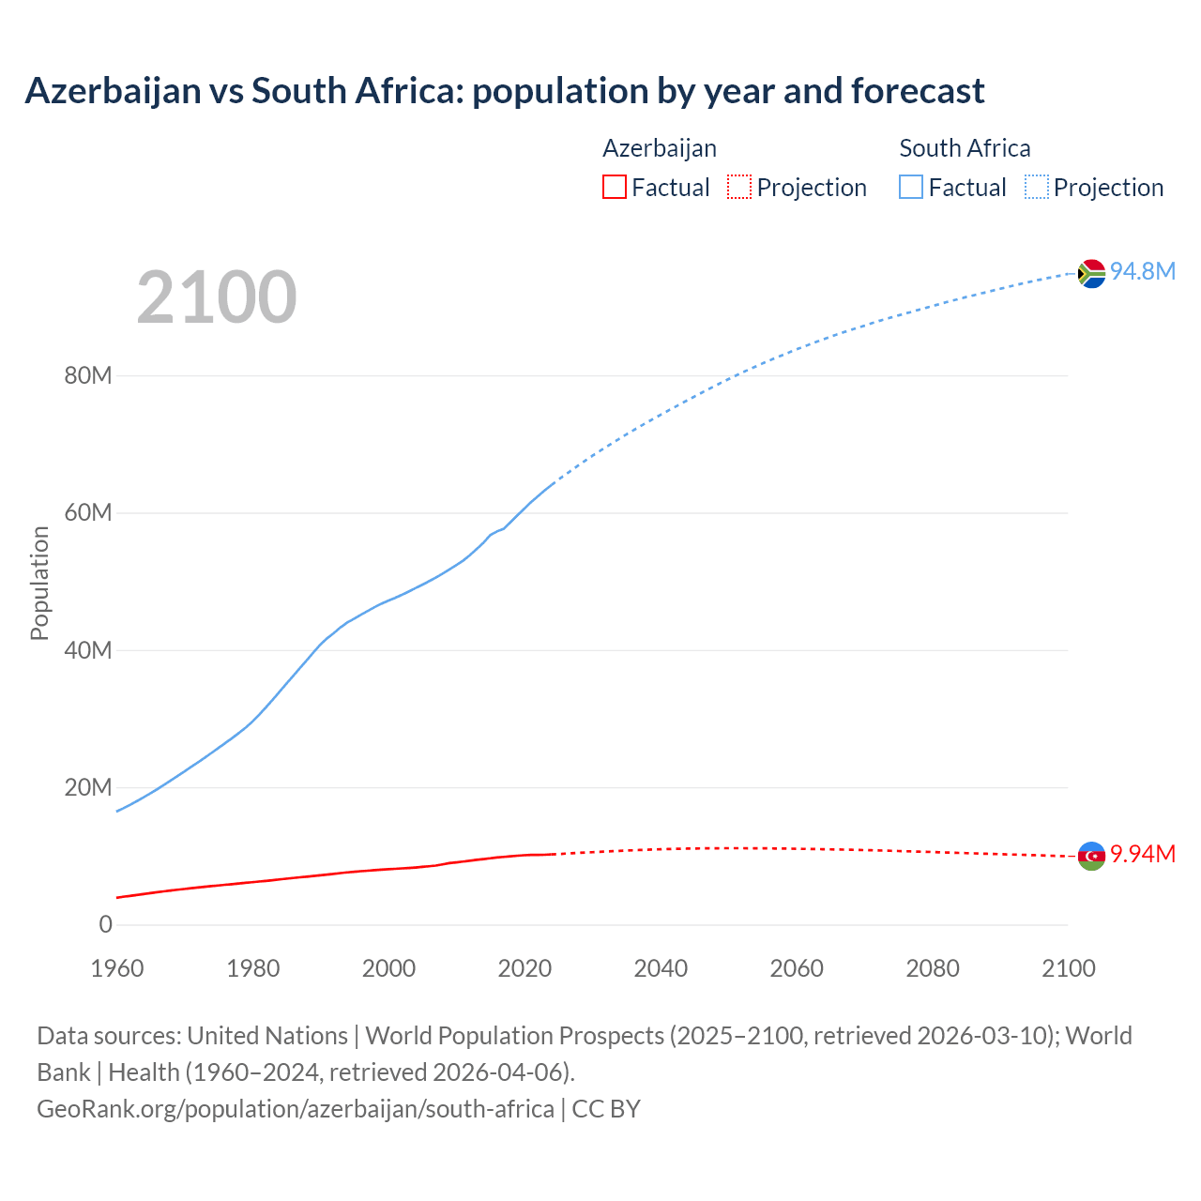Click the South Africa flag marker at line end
click(1091, 273)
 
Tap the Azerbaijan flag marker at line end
click(1091, 856)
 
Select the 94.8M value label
click(1143, 272)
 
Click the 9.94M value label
click(1143, 855)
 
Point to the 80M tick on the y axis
click(88, 376)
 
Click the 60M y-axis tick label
click(88, 513)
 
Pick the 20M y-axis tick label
click(88, 788)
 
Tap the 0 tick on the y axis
click(105, 925)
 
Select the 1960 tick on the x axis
click(117, 969)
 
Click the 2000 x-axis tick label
click(388, 969)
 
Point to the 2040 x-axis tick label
click(661, 969)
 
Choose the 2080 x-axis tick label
click(933, 969)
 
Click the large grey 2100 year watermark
click(217, 298)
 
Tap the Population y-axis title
click(39, 584)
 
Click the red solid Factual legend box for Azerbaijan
click(615, 188)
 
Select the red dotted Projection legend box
click(739, 188)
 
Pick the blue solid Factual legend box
click(911, 188)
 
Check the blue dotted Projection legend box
click(1037, 188)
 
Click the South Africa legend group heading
click(965, 148)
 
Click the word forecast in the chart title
click(918, 91)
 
